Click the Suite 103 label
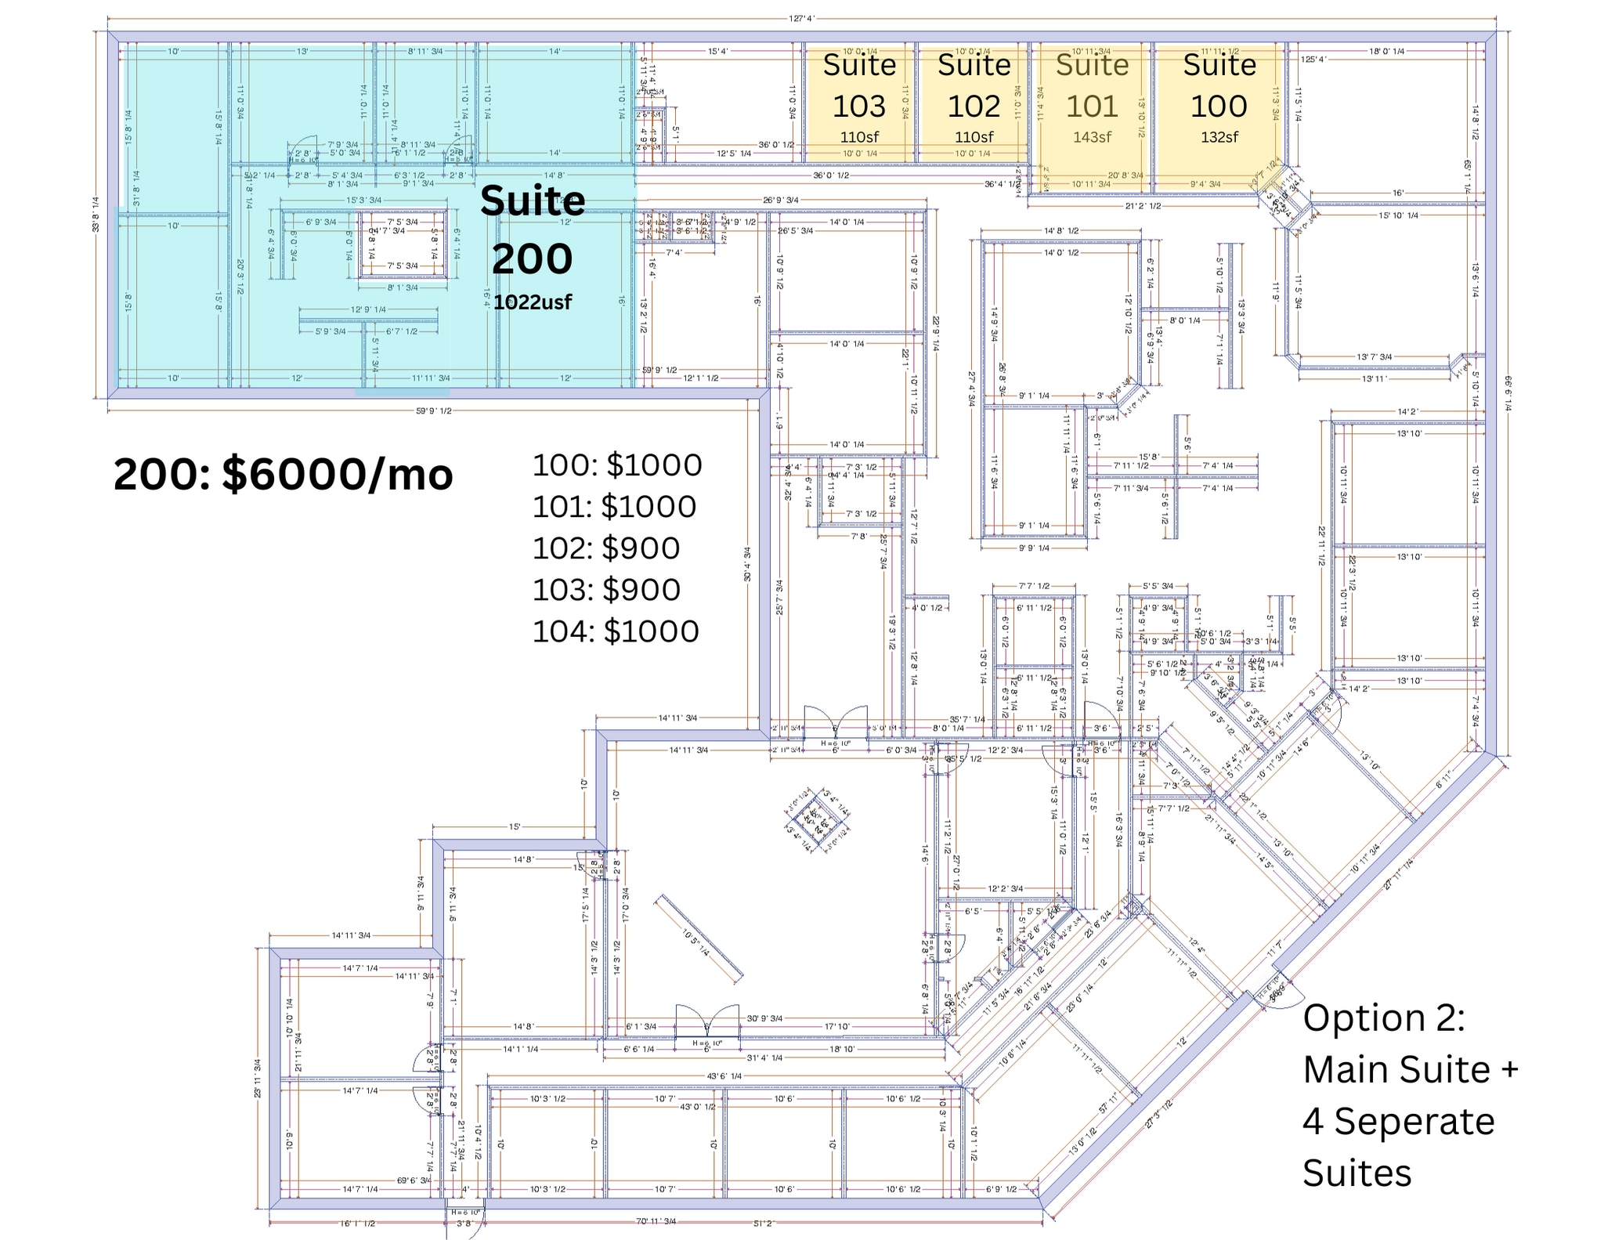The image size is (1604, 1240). click(x=859, y=86)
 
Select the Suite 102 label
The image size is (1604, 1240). click(x=974, y=86)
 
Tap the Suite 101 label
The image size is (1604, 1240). click(x=1092, y=86)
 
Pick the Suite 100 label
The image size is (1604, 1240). click(x=1219, y=86)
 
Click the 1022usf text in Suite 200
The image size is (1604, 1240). click(x=533, y=302)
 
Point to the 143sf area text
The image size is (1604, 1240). click(x=1092, y=137)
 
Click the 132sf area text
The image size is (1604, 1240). click(x=1219, y=137)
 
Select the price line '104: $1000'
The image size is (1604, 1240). click(x=616, y=631)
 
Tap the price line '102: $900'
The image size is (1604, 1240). click(x=606, y=548)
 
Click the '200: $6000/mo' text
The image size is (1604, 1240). click(x=283, y=475)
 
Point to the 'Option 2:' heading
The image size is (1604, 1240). click(x=1383, y=1018)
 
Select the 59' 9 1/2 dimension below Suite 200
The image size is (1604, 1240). click(x=433, y=411)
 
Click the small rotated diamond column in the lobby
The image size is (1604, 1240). click(x=818, y=820)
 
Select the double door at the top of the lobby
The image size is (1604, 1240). click(x=836, y=722)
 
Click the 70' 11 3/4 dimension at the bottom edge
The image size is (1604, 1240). click(x=656, y=1222)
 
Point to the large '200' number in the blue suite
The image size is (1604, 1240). click(x=533, y=258)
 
